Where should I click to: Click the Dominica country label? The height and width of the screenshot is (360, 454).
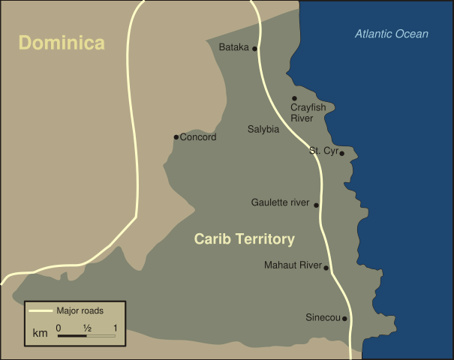[x=62, y=43]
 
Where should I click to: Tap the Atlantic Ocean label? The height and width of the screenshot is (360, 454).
[x=392, y=34]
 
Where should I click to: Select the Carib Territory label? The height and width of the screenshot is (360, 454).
[x=245, y=239]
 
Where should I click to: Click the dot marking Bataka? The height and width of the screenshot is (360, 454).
[x=255, y=49]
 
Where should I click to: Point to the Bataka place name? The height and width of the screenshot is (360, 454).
[x=233, y=48]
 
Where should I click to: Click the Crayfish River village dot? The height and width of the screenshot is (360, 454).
[x=294, y=98]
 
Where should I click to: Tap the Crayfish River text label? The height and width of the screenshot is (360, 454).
[x=308, y=113]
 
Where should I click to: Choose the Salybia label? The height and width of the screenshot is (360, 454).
[x=263, y=129]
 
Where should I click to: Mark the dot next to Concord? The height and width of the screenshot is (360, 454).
[x=176, y=137]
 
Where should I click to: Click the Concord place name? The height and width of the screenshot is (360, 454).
[x=198, y=137]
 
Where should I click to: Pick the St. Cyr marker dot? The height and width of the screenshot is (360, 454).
[x=341, y=153]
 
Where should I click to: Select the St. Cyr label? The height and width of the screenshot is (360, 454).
[x=323, y=151]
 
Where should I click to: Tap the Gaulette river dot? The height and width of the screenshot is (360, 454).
[x=316, y=205]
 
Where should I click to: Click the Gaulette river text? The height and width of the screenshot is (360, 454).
[x=281, y=202]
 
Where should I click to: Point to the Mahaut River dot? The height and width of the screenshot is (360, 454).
[x=326, y=266]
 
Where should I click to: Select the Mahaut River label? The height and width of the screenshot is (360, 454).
[x=293, y=265]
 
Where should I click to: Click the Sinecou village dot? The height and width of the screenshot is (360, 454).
[x=344, y=319]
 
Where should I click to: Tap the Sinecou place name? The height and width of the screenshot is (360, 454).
[x=323, y=317]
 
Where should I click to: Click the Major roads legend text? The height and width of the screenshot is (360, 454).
[x=80, y=310]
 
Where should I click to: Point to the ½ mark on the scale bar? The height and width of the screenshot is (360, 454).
[x=87, y=328]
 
